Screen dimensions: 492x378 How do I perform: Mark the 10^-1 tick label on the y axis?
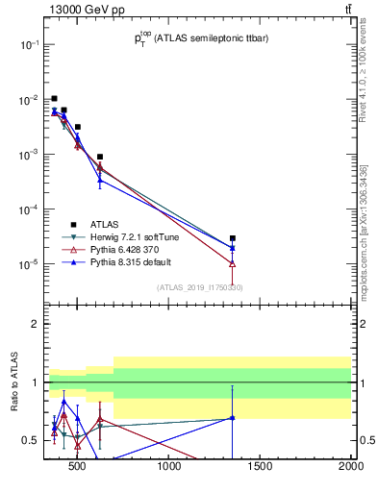point(30,45)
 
